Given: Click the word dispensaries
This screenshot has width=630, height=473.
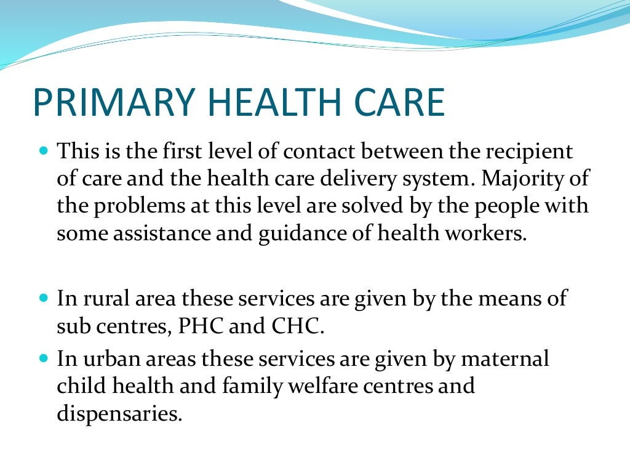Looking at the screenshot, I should pos(120,414).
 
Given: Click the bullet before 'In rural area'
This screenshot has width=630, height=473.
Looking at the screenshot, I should pos(43,298).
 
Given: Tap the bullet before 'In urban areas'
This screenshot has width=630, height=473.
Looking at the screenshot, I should pos(43,358).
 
